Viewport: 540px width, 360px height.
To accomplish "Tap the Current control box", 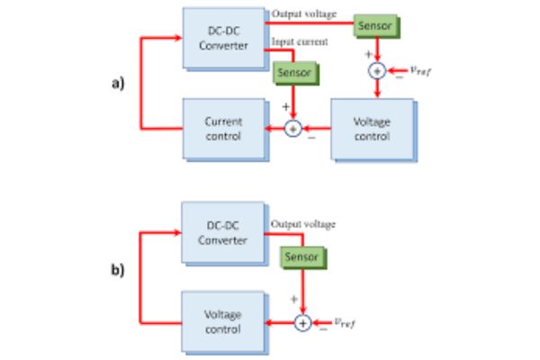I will coord(222,128).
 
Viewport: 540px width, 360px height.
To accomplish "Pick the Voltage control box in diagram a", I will coord(373,129).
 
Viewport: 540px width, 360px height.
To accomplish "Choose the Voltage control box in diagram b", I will coord(222,322).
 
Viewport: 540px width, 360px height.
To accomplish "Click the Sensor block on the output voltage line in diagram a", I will coord(374,26).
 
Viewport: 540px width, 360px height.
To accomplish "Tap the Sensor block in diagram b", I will coord(302,257).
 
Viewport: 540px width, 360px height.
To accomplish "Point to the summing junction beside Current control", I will coord(293,129).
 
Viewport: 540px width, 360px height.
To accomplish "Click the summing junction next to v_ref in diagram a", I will coord(377,70).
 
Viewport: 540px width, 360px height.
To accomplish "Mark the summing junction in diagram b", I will coord(303,322).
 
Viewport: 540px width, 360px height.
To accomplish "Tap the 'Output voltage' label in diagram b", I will coord(302,223).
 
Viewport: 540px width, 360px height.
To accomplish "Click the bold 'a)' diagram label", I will coord(116,84).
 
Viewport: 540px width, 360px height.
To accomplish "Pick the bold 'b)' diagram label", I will coord(116,270).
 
